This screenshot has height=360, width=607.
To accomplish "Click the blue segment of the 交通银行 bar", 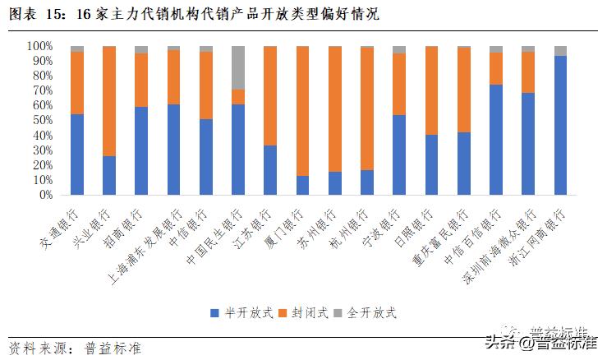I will [77, 155].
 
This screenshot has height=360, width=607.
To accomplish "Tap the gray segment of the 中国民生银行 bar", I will [238, 67].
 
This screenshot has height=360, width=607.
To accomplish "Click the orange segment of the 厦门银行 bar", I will [303, 111].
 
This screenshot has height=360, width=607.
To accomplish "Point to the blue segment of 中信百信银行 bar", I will [496, 140].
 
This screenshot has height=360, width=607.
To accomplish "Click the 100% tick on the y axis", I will [40, 46].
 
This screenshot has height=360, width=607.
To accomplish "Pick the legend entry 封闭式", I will [307, 313].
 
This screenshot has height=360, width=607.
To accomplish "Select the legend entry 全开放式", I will [366, 313].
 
